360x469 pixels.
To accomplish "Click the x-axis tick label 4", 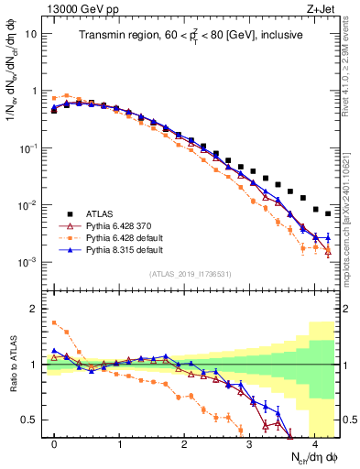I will tap(314, 443).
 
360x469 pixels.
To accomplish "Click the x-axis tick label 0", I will tap(55, 443).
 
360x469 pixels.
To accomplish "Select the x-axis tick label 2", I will tap(184, 443).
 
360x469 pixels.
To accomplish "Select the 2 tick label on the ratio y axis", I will tap(34, 309).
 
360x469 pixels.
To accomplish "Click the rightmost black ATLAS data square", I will tap(328, 213).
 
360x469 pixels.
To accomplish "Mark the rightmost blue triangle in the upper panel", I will tap(328, 238).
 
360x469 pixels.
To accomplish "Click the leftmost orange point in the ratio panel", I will tap(54, 322).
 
